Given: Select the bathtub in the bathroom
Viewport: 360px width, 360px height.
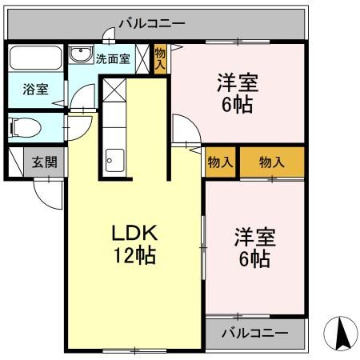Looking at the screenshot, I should click(37, 60).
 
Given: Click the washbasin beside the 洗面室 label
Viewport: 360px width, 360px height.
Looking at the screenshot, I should click(80, 55).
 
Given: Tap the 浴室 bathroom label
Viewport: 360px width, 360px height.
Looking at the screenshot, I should click(34, 90).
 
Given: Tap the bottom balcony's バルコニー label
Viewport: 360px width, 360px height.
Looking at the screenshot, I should click(255, 332).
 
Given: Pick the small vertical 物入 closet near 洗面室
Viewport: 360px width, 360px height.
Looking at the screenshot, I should click(160, 59).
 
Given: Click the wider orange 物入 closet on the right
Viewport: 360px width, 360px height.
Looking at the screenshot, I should click(272, 162).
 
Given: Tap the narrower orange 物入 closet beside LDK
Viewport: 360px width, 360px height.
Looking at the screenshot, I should click(221, 162).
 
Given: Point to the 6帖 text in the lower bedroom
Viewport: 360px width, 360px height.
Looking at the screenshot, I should click(254, 259).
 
